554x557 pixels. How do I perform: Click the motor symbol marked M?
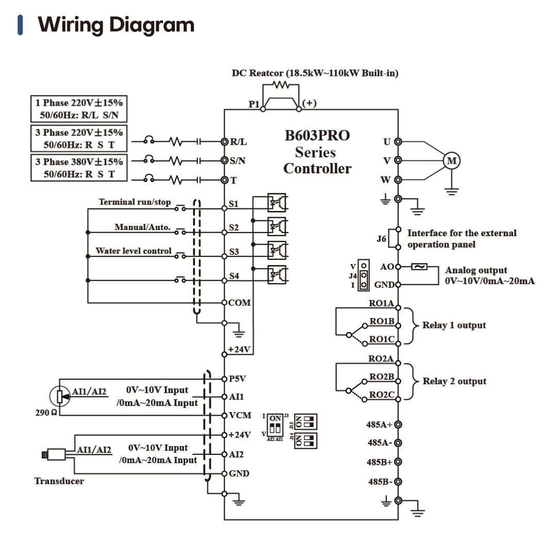452,161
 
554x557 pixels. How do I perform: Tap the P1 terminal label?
254,104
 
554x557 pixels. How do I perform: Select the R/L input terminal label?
238,141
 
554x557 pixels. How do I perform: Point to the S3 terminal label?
234,252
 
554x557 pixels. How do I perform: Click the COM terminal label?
239,303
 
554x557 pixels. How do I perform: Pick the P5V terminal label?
237,379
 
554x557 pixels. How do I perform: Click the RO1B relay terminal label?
382,321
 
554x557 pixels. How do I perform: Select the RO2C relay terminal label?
382,395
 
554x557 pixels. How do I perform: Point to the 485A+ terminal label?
379,424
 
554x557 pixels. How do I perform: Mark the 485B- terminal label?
380,482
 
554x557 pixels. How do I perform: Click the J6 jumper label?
381,239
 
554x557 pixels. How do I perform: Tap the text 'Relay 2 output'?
454,381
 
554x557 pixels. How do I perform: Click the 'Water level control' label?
133,251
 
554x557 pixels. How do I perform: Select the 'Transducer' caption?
59,481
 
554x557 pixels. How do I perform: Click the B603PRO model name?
317,136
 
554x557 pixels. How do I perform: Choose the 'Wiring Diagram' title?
116,25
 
